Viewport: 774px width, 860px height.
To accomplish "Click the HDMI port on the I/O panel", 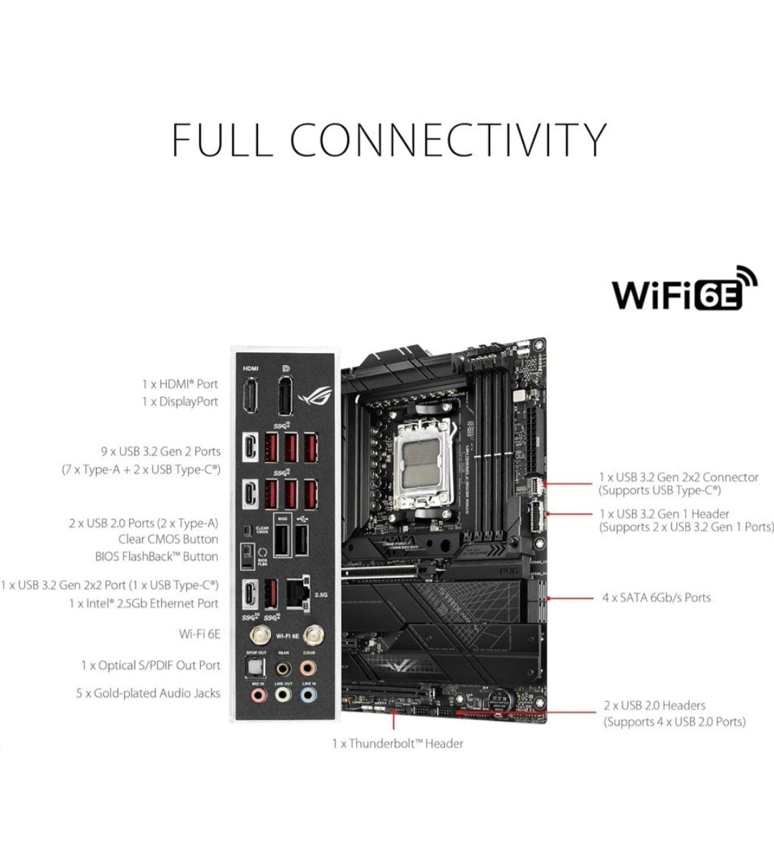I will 250,396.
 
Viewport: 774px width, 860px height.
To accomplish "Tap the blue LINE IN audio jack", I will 308,694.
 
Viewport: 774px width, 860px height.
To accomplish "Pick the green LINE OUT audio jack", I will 283,694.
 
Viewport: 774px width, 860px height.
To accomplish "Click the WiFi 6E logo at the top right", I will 684,290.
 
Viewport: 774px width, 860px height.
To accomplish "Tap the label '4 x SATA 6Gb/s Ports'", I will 656,597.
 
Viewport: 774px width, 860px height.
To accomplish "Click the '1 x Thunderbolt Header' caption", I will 397,744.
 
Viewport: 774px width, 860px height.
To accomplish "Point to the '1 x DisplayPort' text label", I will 179,402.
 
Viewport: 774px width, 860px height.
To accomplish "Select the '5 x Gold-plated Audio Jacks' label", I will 148,694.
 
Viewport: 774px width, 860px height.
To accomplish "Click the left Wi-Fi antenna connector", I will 256,635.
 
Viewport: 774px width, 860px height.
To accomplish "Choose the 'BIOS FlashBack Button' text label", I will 156,557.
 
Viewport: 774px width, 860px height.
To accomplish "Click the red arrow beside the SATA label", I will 569,597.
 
